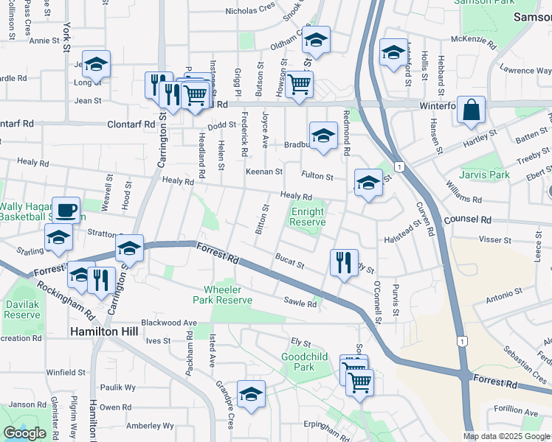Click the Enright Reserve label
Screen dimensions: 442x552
[x=308, y=217]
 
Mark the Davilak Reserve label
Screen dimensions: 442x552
[x=22, y=309]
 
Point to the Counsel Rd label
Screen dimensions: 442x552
[x=467, y=220]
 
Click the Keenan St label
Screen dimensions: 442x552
[x=264, y=172]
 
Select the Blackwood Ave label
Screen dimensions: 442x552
[x=169, y=323]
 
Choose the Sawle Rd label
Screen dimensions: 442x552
[x=300, y=302]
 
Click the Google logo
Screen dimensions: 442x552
[x=24, y=433]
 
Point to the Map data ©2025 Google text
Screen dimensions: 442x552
[x=506, y=436]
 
